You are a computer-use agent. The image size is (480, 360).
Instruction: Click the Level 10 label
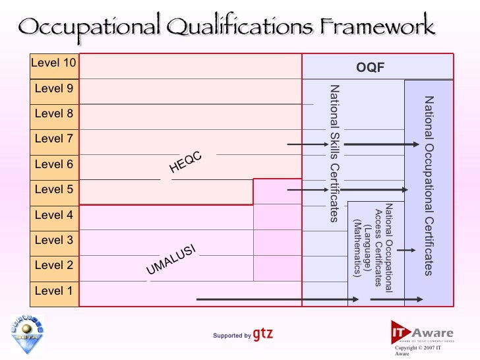[53, 64]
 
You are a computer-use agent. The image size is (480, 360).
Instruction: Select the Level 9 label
[53, 89]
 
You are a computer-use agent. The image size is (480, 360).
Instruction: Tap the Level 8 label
[53, 114]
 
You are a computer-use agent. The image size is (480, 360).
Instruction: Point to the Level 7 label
[53, 139]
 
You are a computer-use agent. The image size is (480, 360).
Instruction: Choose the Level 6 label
[53, 165]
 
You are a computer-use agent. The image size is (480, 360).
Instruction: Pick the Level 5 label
[53, 190]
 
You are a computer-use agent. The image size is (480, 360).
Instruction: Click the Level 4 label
[53, 215]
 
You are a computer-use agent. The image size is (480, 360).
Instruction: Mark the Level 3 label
[53, 240]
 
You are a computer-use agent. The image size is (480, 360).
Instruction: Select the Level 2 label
[53, 266]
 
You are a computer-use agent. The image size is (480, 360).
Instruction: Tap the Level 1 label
[53, 291]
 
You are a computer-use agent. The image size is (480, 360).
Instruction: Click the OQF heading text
[370, 69]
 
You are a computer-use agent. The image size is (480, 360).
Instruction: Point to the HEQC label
[185, 162]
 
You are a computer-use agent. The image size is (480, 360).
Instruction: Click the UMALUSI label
[171, 259]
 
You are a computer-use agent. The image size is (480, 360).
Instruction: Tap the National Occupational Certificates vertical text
[429, 185]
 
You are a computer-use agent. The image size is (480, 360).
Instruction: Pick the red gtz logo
[262, 334]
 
